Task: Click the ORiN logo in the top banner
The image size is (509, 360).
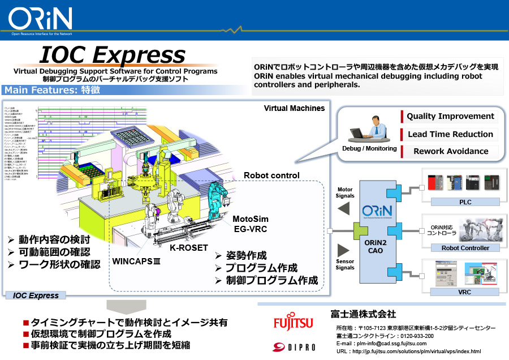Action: [x=40, y=19]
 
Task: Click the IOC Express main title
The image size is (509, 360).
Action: [x=112, y=55]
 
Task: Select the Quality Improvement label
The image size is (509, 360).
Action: [x=450, y=116]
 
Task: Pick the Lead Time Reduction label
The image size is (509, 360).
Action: [x=450, y=134]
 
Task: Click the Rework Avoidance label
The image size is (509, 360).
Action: [x=450, y=151]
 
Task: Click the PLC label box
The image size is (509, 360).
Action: [x=465, y=202]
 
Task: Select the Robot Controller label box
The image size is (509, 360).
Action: [x=465, y=248]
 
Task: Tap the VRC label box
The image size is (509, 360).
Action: [x=465, y=292]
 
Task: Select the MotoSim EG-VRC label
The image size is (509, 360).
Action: [x=251, y=224]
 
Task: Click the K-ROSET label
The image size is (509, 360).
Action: [x=189, y=247]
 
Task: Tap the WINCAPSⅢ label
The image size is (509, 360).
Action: [x=136, y=262]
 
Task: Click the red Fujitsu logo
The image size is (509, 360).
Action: [x=292, y=323]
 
